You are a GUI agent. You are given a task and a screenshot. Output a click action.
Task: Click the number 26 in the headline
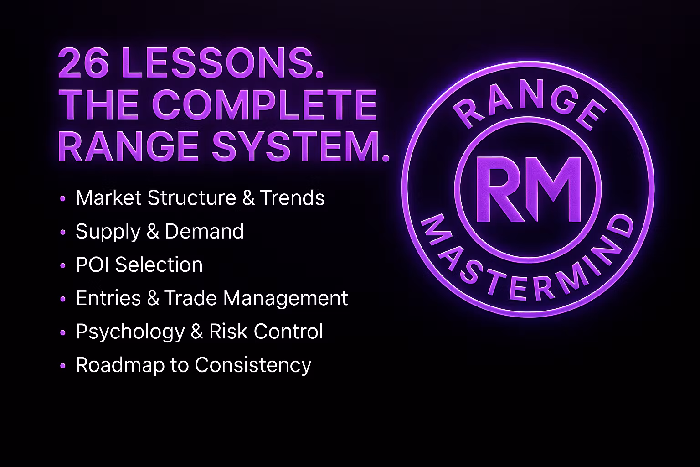[x=83, y=62]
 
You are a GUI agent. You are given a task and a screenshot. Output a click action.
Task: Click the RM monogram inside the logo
[x=528, y=190]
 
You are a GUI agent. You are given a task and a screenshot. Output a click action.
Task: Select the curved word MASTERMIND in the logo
[x=528, y=269]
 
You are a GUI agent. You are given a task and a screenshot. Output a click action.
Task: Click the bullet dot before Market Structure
[x=63, y=198]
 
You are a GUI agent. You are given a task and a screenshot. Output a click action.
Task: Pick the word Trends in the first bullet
[x=292, y=198]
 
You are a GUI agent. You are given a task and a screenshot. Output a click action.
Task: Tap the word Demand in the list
[x=204, y=232]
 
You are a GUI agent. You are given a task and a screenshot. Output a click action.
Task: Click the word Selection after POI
[x=159, y=265]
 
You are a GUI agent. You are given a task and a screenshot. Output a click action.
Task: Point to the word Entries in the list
[x=108, y=298]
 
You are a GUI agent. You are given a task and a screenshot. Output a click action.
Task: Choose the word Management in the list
[x=285, y=298]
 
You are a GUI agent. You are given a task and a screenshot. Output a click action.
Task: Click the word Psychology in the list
[x=130, y=332]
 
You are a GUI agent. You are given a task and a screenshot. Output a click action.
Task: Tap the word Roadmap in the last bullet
[x=120, y=365]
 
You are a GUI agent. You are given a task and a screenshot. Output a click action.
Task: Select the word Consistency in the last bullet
[x=253, y=365]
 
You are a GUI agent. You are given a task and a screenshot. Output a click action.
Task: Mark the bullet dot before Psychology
[x=63, y=332]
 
